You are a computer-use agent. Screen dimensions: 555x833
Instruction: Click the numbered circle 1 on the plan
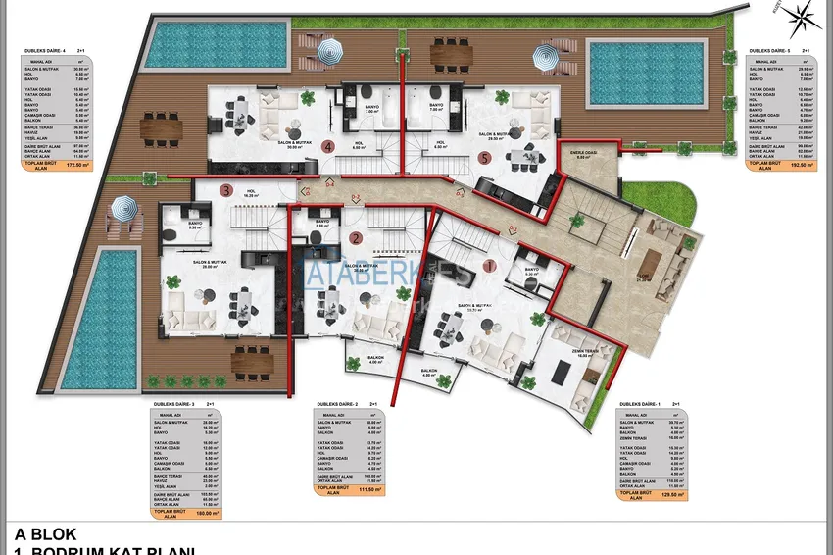(490, 265)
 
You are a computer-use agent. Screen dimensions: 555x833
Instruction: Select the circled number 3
(226, 191)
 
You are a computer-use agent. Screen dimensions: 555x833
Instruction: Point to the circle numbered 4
(328, 147)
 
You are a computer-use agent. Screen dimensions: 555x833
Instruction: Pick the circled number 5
(483, 156)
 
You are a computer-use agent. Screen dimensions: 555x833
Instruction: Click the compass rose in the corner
(807, 16)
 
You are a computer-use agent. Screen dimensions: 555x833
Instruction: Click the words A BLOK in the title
(44, 533)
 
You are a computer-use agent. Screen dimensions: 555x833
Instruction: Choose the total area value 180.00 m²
(205, 512)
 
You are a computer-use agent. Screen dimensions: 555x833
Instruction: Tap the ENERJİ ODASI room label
(583, 153)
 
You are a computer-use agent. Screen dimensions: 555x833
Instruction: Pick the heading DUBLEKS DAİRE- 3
(174, 404)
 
